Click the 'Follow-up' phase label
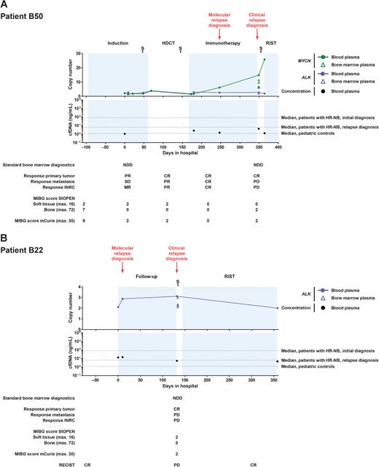point(146,278)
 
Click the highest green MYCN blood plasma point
point(264,59)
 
